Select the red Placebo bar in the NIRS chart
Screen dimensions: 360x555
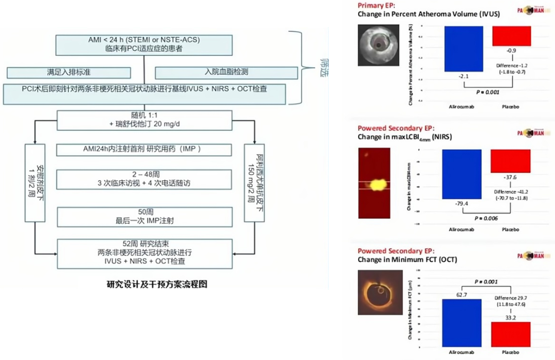click(x=510, y=161)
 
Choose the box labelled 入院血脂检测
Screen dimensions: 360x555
click(x=227, y=72)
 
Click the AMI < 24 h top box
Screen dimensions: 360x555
click(x=144, y=45)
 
